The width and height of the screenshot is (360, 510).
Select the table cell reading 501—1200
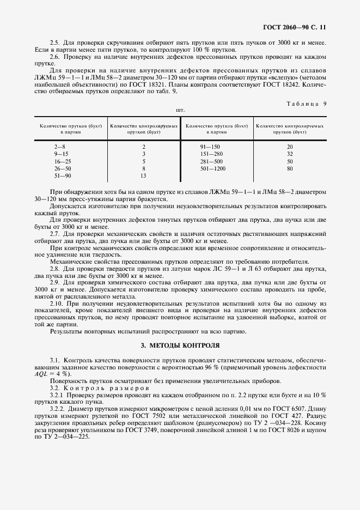tap(213, 169)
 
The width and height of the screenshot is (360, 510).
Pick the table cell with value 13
tap(144, 177)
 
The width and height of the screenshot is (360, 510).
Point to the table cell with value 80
tap(290, 169)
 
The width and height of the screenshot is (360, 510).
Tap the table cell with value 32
tap(290, 154)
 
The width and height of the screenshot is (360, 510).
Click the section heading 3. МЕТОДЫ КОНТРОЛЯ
tap(180, 345)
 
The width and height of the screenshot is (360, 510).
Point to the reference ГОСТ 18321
tap(149, 86)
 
